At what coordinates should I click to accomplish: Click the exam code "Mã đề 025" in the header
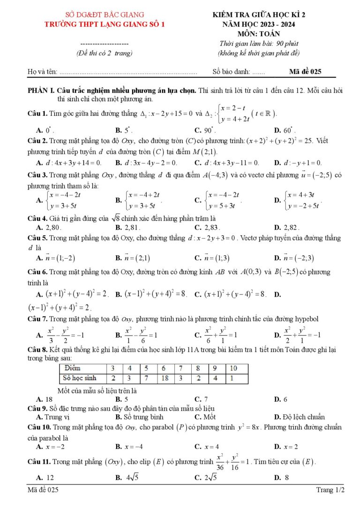[305, 72]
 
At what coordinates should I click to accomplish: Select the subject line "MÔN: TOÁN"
[258, 34]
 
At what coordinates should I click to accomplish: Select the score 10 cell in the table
[233, 368]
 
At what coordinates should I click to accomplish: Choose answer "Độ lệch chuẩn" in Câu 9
[303, 417]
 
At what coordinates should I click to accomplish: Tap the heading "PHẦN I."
[41, 90]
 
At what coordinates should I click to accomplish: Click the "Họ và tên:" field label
[42, 72]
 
